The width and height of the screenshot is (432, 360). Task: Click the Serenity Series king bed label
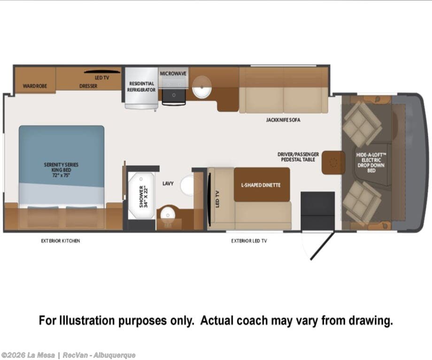(x=61, y=170)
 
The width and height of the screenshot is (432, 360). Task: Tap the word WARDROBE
(x=35, y=86)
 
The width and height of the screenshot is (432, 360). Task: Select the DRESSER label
(x=88, y=86)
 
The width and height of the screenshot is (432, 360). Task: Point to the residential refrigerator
(x=141, y=88)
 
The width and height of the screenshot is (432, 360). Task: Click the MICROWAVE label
(x=173, y=74)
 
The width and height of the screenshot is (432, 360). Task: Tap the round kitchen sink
(x=201, y=87)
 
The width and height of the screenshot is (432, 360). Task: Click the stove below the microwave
(x=174, y=96)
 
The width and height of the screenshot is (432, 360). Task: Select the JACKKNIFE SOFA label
(x=283, y=120)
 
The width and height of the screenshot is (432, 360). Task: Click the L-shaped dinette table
(x=262, y=184)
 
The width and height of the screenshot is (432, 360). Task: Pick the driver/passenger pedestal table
(x=333, y=162)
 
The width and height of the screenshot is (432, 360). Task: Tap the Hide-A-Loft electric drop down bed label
(x=371, y=162)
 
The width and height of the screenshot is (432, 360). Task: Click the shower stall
(x=141, y=196)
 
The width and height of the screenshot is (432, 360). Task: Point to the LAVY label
(x=168, y=184)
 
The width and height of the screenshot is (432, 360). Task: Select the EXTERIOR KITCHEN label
(x=60, y=241)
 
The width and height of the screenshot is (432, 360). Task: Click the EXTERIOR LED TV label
(x=249, y=241)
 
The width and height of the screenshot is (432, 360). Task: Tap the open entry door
(x=322, y=246)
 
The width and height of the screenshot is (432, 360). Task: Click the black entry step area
(x=318, y=211)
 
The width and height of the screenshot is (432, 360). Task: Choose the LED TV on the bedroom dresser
(x=102, y=72)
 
